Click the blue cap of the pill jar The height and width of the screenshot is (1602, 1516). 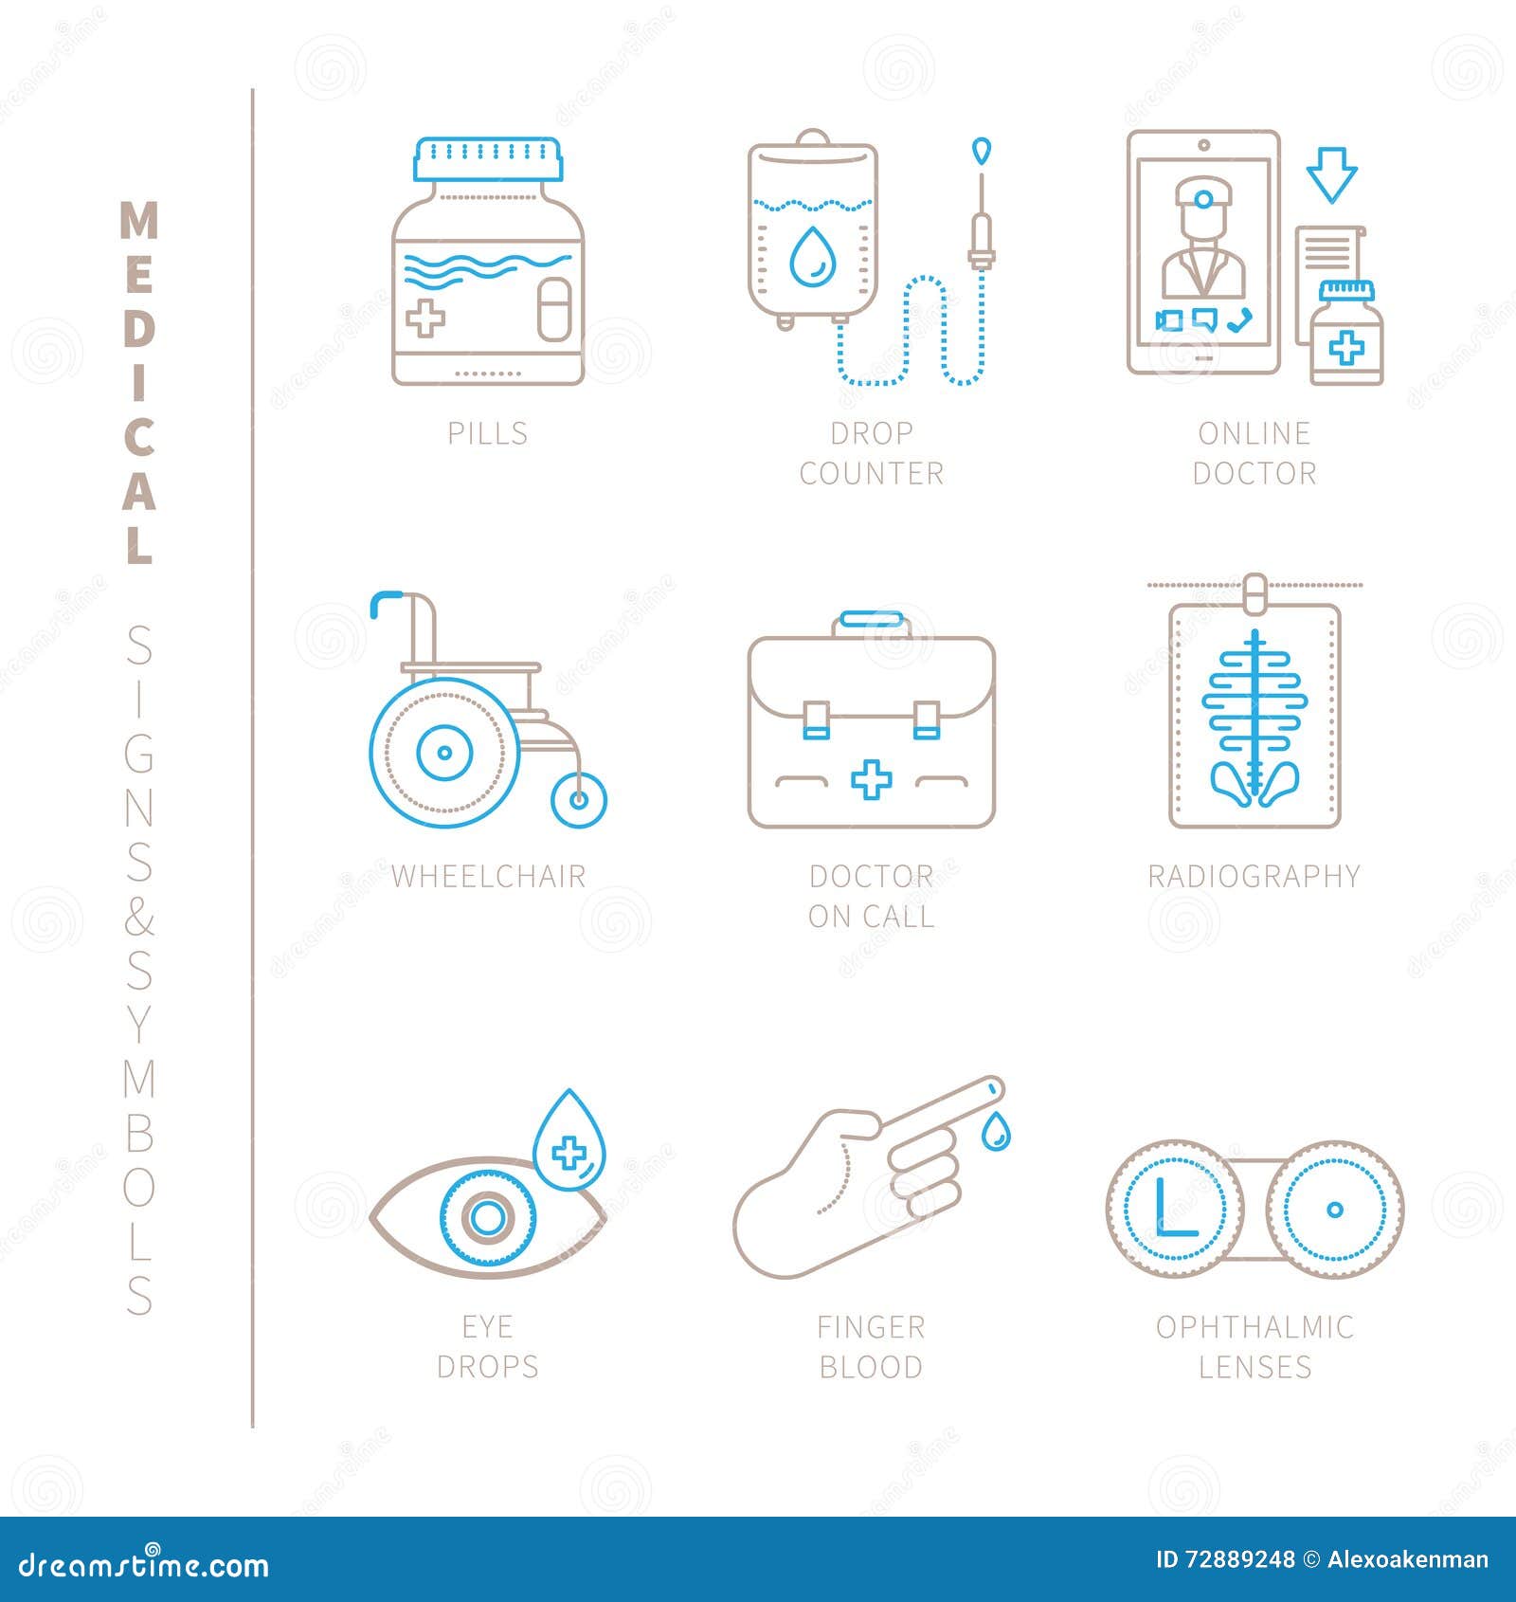[487, 159]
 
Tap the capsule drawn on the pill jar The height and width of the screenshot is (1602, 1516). [553, 309]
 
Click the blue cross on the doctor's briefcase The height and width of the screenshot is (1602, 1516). [871, 780]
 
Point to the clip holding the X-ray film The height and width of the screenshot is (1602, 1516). [1254, 592]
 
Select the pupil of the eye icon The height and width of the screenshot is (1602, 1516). [488, 1217]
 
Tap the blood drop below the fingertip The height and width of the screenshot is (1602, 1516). [994, 1132]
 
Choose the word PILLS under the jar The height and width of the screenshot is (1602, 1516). [488, 433]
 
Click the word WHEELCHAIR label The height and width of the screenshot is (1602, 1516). [488, 877]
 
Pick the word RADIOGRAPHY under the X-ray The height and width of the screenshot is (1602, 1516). [1254, 877]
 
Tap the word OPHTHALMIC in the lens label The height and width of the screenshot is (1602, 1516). [1254, 1327]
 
